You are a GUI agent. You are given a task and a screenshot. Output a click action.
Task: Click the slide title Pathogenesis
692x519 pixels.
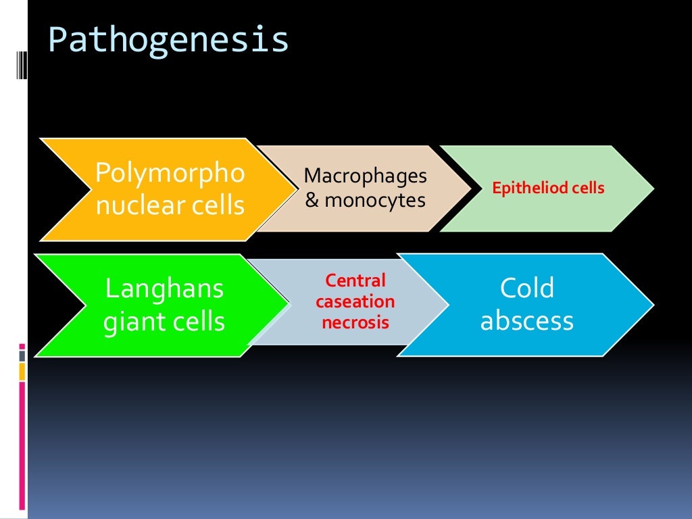tap(168, 41)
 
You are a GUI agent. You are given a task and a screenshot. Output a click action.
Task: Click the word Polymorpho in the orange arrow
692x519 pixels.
tap(170, 174)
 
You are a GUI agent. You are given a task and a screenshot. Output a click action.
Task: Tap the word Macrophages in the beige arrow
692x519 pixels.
tap(366, 176)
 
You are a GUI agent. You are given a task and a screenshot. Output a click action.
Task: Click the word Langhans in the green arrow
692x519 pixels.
tap(164, 289)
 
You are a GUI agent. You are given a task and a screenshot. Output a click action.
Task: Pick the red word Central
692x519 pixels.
tap(355, 280)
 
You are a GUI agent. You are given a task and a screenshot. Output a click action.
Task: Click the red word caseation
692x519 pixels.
tap(355, 301)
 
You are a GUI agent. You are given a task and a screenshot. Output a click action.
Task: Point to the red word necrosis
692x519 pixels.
tap(355, 322)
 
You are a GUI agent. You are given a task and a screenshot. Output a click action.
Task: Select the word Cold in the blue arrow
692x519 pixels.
tap(526, 289)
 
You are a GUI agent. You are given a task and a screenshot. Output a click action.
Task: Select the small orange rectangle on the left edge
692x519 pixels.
tap(22, 371)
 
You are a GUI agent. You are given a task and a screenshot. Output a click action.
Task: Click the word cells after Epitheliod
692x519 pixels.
tap(587, 188)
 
